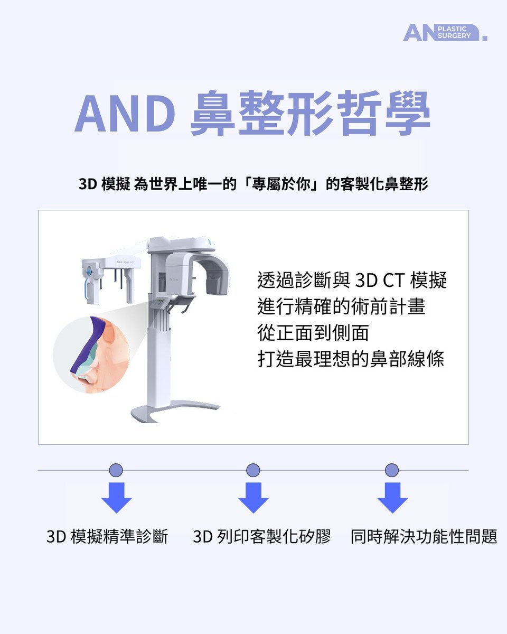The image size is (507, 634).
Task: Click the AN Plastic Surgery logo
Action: [x=445, y=32]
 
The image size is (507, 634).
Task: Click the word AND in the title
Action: [x=125, y=114]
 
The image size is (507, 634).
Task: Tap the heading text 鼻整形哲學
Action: [x=310, y=114]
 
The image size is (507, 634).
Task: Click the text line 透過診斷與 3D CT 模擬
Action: [x=352, y=280]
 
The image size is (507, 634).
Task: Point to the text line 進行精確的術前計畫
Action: [x=342, y=306]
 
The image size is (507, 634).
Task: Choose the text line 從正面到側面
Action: [x=313, y=333]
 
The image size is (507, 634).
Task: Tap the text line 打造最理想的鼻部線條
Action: [x=351, y=359]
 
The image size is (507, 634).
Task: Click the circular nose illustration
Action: [x=91, y=355]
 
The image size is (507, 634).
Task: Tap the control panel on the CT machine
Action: [x=159, y=303]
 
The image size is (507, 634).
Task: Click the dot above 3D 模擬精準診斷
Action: [x=116, y=470]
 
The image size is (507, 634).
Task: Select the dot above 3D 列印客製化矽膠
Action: [x=253, y=470]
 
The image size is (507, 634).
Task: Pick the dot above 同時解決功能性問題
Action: [x=392, y=470]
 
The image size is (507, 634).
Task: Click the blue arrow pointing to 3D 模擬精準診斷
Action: [x=116, y=498]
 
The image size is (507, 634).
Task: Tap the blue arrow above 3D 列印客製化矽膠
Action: [x=253, y=498]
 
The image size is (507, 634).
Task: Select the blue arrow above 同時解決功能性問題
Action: [x=392, y=498]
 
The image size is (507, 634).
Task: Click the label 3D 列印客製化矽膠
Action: [x=262, y=536]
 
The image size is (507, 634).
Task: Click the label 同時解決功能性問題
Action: [x=424, y=536]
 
